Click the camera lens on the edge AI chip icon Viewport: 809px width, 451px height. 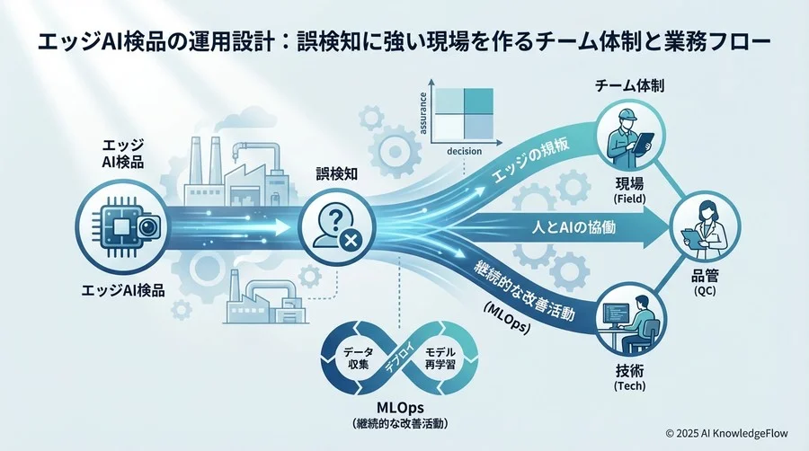(149, 227)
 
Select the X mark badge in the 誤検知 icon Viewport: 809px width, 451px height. (351, 240)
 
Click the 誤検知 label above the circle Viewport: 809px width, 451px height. (336, 174)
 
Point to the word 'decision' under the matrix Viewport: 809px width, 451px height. (465, 152)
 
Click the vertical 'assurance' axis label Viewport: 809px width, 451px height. (423, 113)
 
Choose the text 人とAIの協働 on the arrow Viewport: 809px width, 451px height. (573, 226)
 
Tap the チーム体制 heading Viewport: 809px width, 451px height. (629, 85)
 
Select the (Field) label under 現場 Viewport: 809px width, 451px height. (629, 199)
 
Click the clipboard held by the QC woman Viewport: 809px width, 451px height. (691, 236)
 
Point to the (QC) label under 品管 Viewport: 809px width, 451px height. (705, 291)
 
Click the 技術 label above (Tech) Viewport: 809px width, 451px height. (629, 370)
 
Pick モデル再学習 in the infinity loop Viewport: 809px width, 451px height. (440, 358)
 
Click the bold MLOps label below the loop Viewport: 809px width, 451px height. (400, 408)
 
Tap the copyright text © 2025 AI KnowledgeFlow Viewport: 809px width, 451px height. (726, 433)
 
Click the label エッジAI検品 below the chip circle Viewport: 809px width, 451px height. (123, 290)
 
